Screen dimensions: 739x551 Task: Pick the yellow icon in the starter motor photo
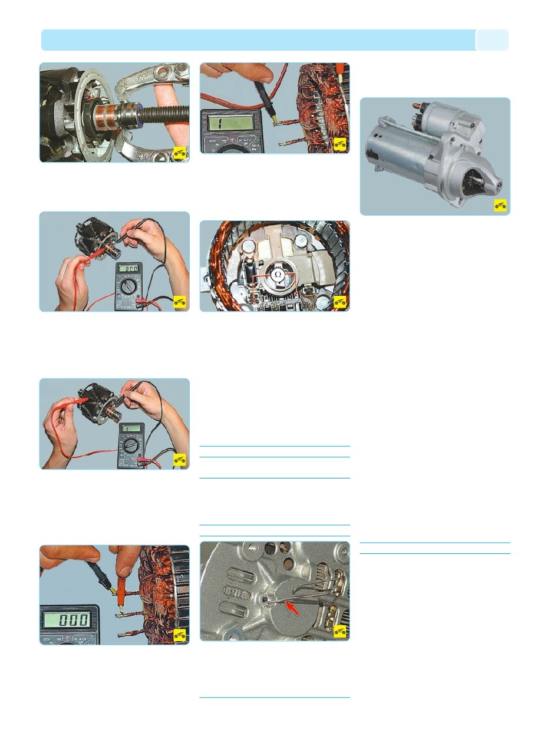coord(500,206)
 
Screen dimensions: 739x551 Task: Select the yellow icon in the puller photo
coord(180,153)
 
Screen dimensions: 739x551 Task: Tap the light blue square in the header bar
coord(492,40)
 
